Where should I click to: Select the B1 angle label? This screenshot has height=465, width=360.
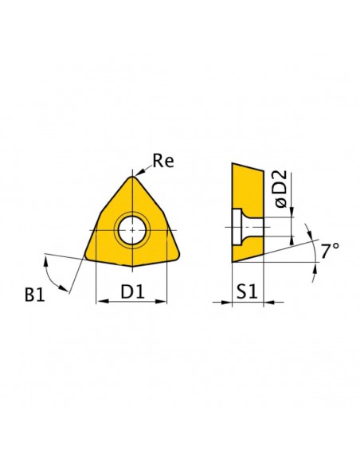coord(35,295)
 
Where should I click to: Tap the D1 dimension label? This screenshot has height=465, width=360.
coord(132,291)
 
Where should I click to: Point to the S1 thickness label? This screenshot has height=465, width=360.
coord(247,291)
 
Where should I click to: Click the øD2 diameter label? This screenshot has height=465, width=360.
coord(281,189)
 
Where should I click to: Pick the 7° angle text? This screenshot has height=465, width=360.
coord(330,251)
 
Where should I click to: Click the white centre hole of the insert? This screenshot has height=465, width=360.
coord(132,230)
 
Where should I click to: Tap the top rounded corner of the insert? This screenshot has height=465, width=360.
coord(132,178)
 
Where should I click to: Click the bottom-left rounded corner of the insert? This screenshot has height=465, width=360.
coord(88,256)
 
